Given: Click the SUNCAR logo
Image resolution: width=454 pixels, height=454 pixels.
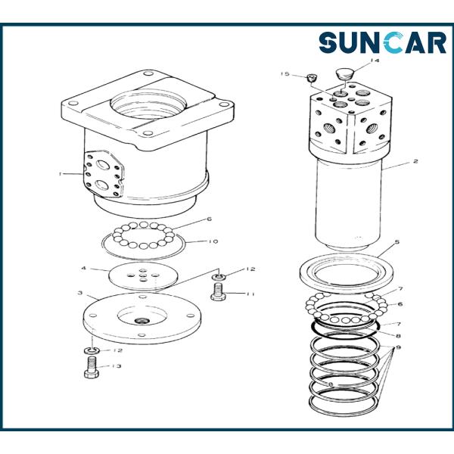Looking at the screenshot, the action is point(382,43).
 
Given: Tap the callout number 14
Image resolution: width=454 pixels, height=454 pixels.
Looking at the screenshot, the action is point(374,61).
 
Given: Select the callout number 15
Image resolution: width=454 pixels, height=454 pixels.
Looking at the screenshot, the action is point(285,74).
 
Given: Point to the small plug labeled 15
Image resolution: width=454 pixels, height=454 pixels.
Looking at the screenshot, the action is point(312,78).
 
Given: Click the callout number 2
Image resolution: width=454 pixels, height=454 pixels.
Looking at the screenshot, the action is point(415,161).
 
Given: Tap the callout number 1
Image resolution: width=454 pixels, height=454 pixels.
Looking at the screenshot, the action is point(61,174).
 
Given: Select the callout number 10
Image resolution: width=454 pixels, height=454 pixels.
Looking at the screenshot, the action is point(213,241).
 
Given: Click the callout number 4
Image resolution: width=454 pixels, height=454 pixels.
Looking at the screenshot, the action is point(84,269).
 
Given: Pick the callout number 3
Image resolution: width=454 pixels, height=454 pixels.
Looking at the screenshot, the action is point(80,293).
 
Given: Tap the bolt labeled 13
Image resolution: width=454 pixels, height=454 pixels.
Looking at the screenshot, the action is point(92,367).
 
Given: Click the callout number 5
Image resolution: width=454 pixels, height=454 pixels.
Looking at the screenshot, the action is point(397,241).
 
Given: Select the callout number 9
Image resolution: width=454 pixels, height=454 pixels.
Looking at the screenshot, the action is point(399,347).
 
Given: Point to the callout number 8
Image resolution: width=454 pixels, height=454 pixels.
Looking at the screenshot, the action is point(399,336).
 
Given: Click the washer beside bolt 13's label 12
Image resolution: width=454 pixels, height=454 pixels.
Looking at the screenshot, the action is point(92,351).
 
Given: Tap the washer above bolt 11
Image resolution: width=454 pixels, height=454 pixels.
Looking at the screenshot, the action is point(219,278).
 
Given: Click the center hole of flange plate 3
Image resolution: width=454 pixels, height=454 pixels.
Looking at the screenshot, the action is point(141,320).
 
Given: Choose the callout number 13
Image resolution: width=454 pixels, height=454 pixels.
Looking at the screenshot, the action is point(116,366).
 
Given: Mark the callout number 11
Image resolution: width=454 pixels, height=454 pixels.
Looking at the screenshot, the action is point(250,294).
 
